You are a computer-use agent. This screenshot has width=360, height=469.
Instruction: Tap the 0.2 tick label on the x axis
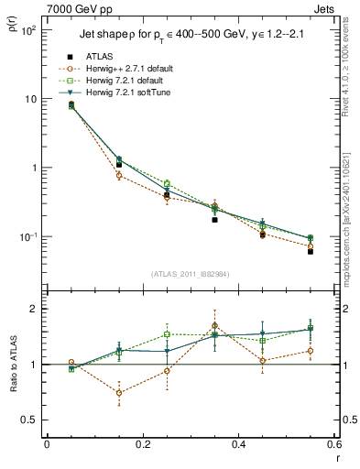(142, 444)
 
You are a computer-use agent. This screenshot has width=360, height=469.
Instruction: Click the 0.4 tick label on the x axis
(238, 444)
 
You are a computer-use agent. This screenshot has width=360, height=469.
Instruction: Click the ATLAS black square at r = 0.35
(214, 220)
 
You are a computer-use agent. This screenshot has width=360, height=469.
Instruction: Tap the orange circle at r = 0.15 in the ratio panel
(119, 393)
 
